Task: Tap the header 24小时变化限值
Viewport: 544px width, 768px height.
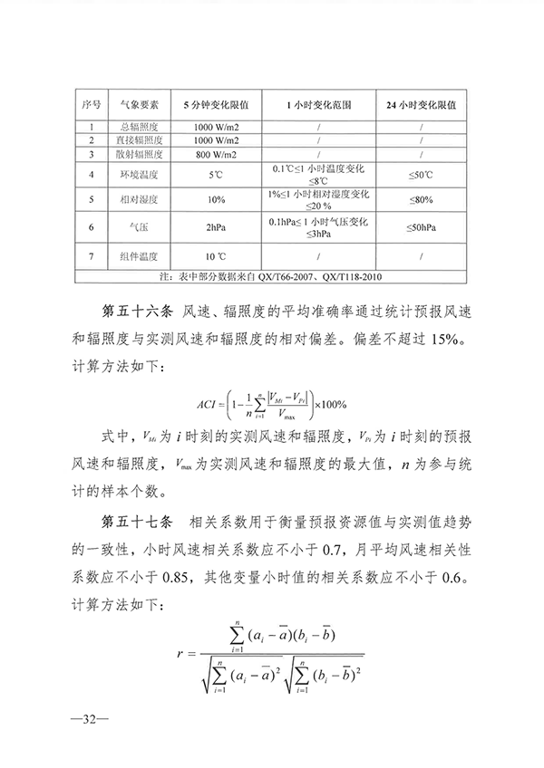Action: [421, 104]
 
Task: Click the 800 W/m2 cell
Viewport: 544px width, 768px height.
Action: [216, 154]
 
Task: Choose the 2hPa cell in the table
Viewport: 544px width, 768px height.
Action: [216, 227]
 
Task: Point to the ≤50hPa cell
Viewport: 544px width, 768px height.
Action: [421, 227]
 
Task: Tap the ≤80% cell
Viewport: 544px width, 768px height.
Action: [421, 199]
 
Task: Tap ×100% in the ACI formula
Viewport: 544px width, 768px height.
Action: [332, 404]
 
